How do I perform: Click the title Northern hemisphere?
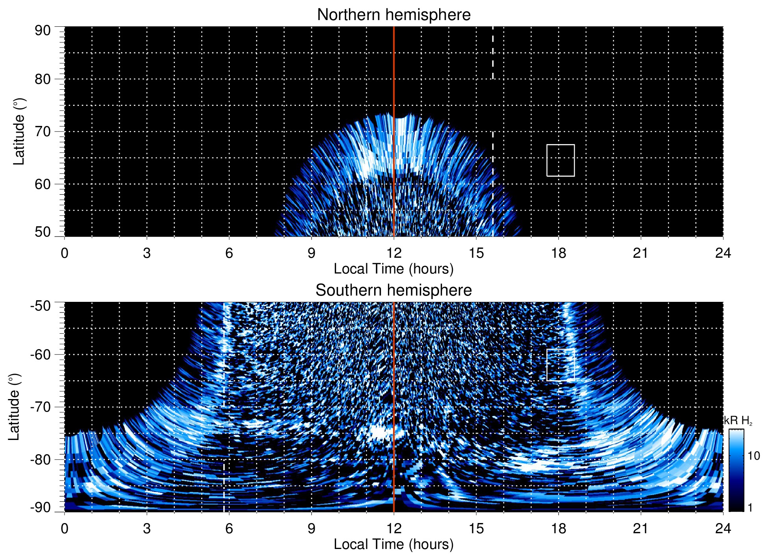click(393, 15)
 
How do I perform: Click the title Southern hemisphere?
click(393, 290)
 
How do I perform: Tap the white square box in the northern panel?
click(560, 161)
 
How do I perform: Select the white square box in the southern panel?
click(560, 365)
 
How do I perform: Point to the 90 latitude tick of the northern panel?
click(43, 31)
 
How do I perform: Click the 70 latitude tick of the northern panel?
click(43, 132)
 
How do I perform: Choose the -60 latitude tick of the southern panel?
click(41, 355)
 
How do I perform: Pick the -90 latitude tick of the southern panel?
click(41, 508)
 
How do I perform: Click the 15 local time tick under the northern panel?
click(476, 253)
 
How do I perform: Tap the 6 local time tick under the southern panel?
click(229, 528)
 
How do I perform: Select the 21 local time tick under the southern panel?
click(641, 528)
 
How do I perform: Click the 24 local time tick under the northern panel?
click(723, 253)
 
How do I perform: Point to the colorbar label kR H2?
click(738, 421)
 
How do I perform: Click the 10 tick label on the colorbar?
click(753, 456)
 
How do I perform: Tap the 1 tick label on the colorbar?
click(750, 508)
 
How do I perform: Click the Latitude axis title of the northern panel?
click(19, 132)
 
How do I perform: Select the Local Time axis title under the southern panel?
click(393, 545)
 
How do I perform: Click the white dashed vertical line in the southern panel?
click(224, 394)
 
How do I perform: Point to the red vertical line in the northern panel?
click(394, 79)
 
